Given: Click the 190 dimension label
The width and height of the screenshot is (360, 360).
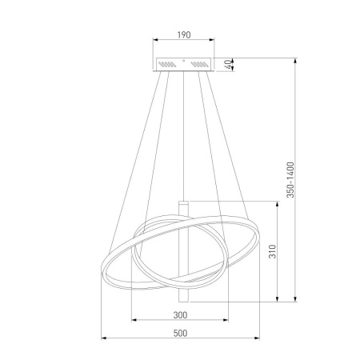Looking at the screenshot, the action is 184,35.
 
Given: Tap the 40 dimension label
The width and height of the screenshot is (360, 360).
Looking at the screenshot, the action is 229,65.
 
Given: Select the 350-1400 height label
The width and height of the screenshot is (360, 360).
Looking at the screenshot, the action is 290,180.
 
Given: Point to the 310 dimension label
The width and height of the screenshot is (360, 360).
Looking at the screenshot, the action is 273,251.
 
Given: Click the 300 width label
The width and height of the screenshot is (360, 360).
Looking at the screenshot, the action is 180,315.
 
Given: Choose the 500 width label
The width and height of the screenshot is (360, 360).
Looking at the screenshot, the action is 180,334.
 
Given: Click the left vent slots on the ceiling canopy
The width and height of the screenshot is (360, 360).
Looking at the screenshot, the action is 167,64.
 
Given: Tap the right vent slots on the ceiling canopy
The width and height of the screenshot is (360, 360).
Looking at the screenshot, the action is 200,64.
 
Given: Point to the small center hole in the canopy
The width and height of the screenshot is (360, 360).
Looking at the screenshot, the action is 183,61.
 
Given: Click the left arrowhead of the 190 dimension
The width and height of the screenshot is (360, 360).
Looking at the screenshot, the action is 155,40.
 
